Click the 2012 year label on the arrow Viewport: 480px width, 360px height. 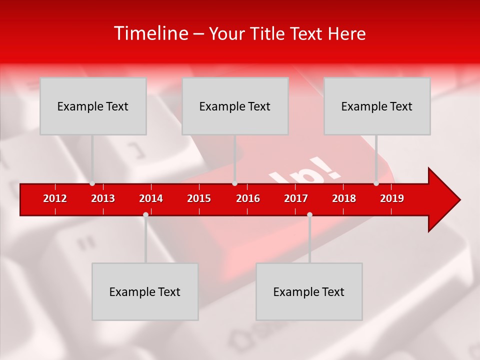pos(55,198)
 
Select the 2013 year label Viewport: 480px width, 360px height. pos(103,198)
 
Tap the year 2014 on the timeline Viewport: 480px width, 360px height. pos(151,198)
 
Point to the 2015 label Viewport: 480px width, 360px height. pos(199,198)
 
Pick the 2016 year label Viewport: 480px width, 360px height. pos(248,198)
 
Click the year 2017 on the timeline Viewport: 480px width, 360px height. pos(296,198)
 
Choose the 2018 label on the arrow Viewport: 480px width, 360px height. pos(344,198)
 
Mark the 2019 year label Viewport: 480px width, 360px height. pos(392,198)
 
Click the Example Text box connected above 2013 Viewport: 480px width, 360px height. pos(93,106)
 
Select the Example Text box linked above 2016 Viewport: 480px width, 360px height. pos(235,106)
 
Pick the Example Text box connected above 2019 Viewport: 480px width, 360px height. pos(377,106)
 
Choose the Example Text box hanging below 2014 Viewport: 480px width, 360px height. pos(145,291)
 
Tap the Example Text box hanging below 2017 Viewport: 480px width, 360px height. pos(309,291)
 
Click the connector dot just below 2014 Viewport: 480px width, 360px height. pos(145,215)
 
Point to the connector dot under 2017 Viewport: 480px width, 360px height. pos(309,215)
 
